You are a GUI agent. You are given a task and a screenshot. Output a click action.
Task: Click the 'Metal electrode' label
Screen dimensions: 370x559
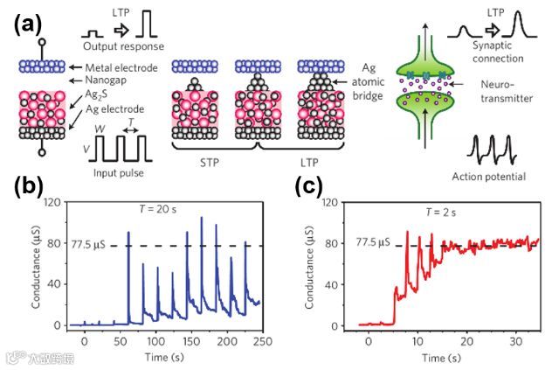[x=122, y=67]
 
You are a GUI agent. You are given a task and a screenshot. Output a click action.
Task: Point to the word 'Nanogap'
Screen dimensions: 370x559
[x=108, y=80]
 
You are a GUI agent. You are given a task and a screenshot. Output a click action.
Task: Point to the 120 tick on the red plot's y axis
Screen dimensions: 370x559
[x=329, y=202]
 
